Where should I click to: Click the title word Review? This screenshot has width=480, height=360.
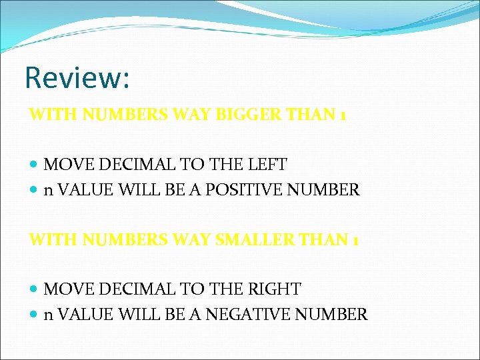77,77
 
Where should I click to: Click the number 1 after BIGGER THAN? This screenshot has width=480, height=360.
342,115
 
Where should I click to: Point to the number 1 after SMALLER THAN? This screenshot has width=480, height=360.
355,239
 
